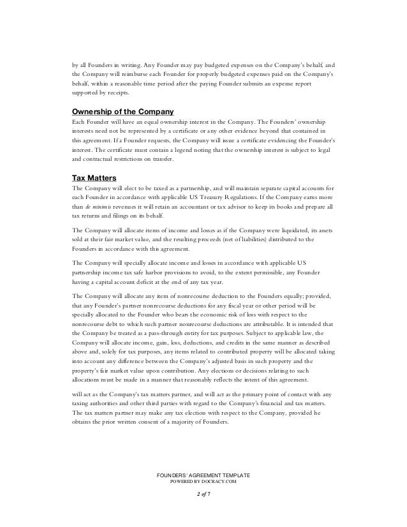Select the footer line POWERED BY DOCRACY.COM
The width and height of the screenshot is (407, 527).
[203, 483]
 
